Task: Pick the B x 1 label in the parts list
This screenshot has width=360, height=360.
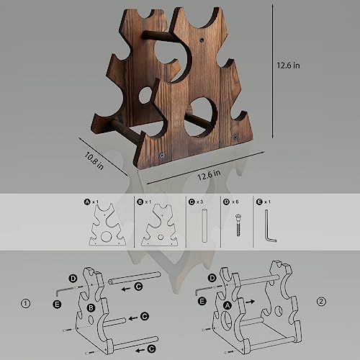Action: [x=144, y=202]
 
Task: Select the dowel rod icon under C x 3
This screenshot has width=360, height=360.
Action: [x=204, y=225]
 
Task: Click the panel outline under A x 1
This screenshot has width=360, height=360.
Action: [x=106, y=229]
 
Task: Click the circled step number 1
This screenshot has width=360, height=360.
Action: [x=27, y=301]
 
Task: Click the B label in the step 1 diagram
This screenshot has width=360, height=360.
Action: [x=91, y=307]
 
